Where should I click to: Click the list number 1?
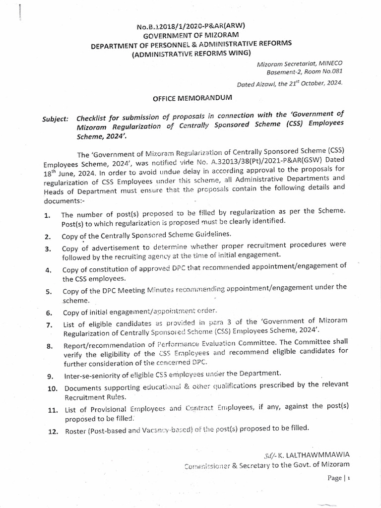pyautogui.click(x=47, y=215)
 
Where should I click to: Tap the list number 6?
pyautogui.click(x=49, y=313)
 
